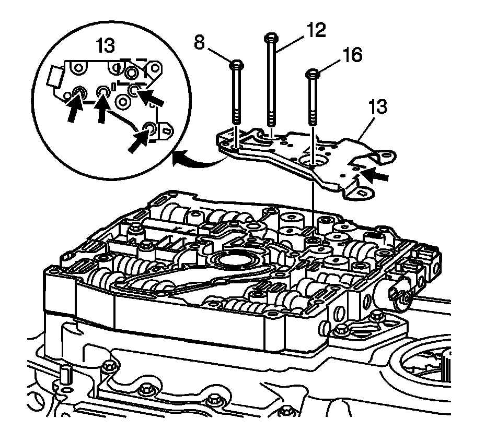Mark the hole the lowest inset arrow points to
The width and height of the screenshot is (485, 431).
[x=149, y=128]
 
